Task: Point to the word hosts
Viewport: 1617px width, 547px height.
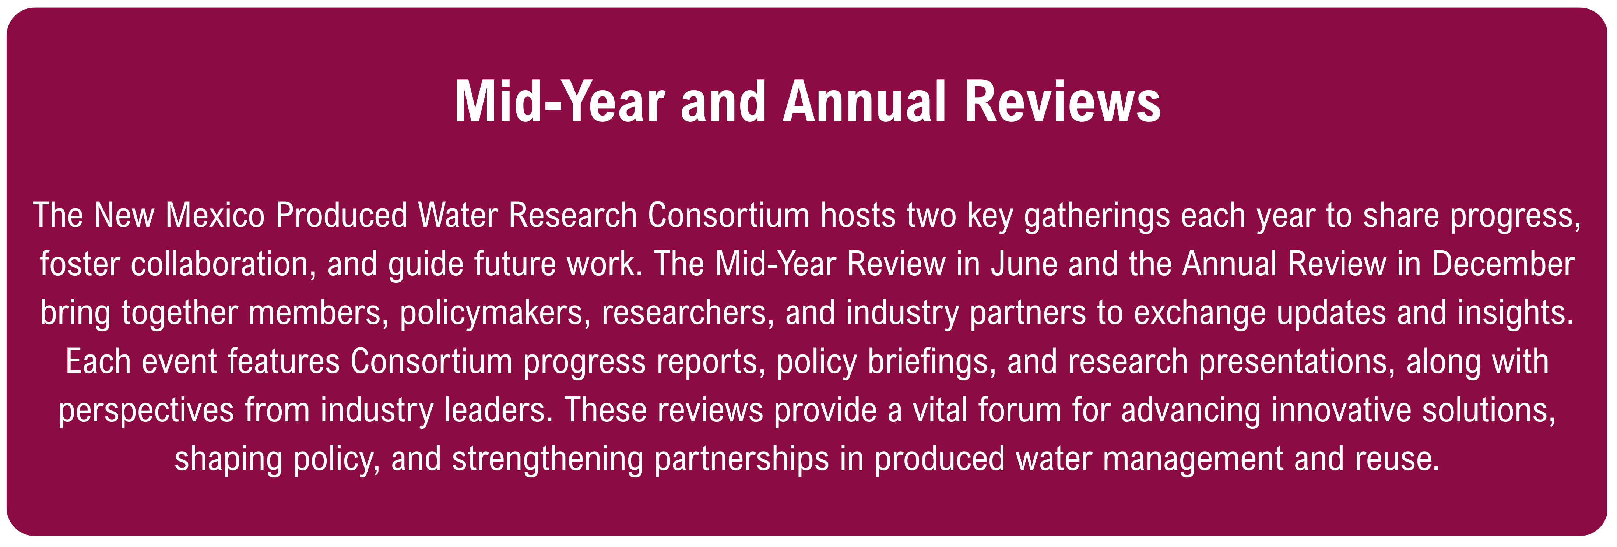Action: (x=859, y=215)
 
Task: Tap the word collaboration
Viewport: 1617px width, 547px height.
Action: (x=223, y=264)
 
